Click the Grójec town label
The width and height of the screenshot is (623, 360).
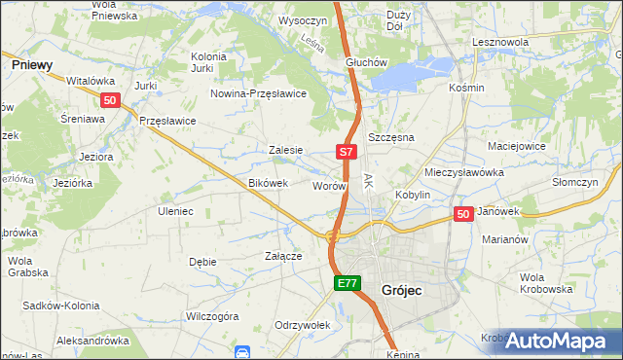click(402, 290)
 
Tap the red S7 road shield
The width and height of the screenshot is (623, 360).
click(348, 152)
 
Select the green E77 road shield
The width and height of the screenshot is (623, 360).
click(348, 283)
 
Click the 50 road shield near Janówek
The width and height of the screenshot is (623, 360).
click(463, 214)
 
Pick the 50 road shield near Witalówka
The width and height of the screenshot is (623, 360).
click(110, 100)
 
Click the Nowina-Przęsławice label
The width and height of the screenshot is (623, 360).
click(260, 93)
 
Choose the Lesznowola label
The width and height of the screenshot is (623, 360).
click(499, 43)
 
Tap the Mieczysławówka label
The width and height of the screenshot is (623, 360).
click(464, 171)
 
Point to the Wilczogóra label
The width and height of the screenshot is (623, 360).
click(212, 316)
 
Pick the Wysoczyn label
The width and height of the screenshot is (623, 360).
click(301, 19)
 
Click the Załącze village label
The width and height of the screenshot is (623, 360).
click(283, 256)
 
